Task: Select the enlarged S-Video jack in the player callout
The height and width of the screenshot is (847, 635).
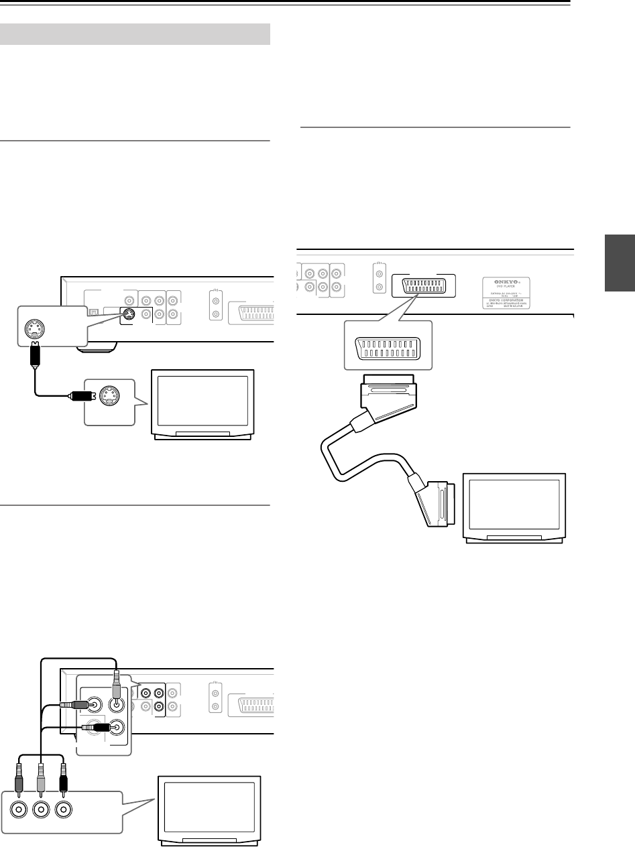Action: pos(32,328)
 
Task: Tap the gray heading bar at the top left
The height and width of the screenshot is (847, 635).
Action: pos(137,32)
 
